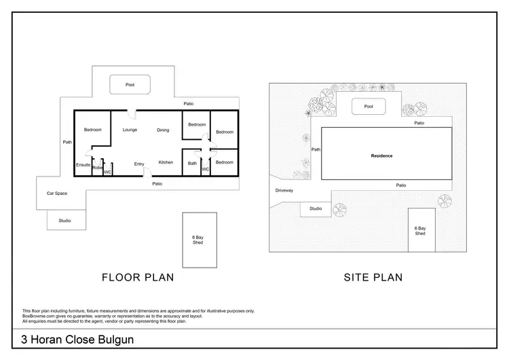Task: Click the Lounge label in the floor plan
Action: (x=130, y=130)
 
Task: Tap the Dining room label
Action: (x=163, y=130)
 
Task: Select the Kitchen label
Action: (x=166, y=162)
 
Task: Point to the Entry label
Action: (x=139, y=164)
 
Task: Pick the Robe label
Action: (x=97, y=167)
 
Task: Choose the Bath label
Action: (x=192, y=163)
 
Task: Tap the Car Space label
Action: (x=56, y=194)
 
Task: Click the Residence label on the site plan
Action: (x=381, y=156)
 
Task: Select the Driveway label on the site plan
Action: (x=284, y=190)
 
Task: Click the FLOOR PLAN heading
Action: (x=138, y=276)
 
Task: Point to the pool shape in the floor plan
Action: (x=130, y=85)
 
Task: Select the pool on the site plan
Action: (x=369, y=107)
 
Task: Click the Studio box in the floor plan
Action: (x=65, y=220)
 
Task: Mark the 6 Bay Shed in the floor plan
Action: (x=198, y=240)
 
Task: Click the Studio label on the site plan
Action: (x=316, y=209)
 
